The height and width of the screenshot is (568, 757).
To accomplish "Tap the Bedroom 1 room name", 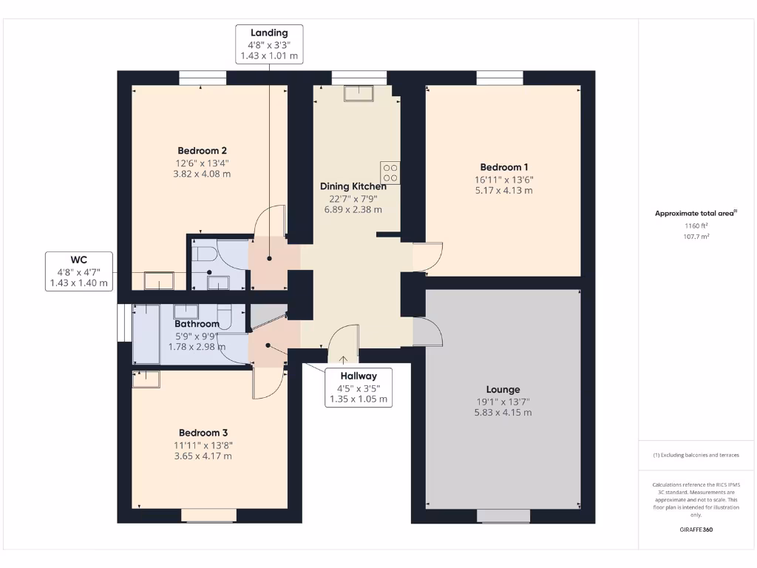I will pos(503,167).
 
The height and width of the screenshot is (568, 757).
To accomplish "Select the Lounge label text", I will pos(503,389).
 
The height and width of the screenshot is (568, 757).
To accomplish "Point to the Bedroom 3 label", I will pos(203,433).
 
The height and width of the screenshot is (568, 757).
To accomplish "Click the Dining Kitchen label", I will pos(353,186).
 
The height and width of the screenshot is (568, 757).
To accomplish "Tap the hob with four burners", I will pos(390,172).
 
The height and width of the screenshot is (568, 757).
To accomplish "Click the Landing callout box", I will pos(269,44).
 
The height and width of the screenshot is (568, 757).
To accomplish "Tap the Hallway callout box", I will pos(359,388).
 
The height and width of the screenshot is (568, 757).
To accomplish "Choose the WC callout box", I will pos(79,271).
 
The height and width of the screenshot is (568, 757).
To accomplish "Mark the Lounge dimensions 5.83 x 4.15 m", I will pos(503,413).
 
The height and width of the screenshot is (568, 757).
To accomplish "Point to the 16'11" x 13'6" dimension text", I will pos(503,179).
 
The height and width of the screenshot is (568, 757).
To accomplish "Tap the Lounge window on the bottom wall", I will pos(503,515).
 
